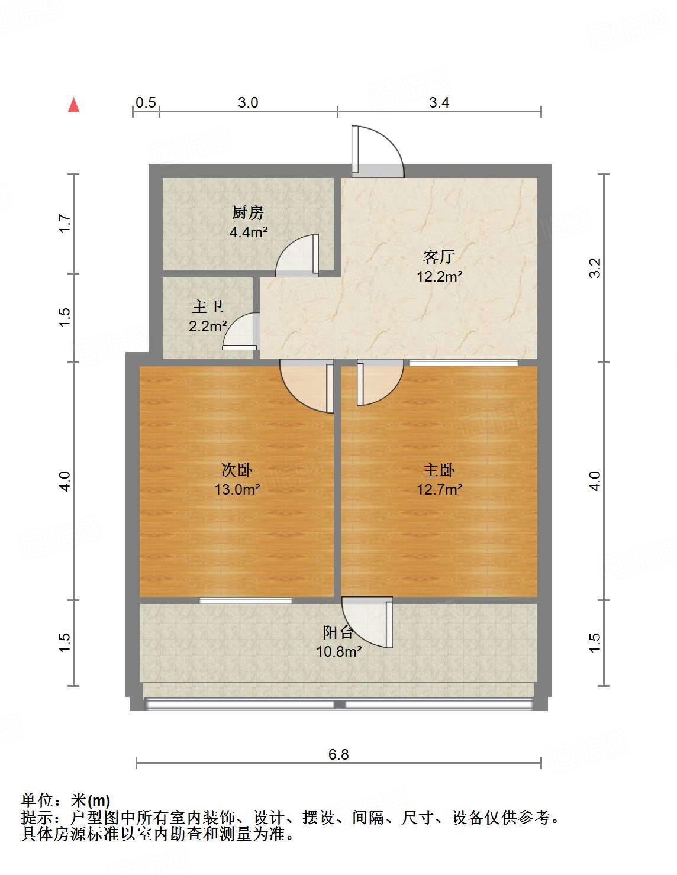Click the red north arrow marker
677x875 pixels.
click(x=73, y=105)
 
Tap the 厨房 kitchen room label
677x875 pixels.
click(x=247, y=212)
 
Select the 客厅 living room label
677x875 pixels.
click(x=439, y=257)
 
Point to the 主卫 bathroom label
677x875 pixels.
click(x=208, y=306)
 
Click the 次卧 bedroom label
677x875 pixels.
click(x=237, y=470)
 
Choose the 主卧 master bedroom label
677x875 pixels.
click(x=439, y=470)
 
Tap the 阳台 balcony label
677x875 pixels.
click(x=338, y=632)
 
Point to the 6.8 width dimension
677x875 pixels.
click(x=338, y=754)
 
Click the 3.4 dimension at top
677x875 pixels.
click(x=439, y=102)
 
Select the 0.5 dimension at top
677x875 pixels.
click(x=146, y=102)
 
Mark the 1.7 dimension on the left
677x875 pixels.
click(x=65, y=224)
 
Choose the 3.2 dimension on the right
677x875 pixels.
click(x=595, y=267)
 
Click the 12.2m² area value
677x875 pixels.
click(x=439, y=276)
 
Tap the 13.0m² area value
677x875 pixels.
click(x=237, y=489)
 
